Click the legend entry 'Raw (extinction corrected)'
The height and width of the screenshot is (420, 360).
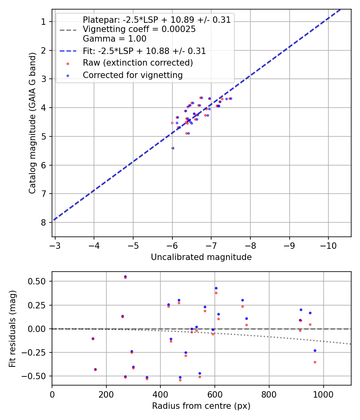pyautogui.click(x=138, y=63)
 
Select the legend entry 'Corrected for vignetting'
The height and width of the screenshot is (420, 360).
pyautogui.click(x=132, y=75)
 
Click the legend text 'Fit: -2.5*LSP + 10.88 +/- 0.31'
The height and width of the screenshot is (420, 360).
pyautogui.click(x=144, y=51)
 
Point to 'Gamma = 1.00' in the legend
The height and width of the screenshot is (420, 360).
pyautogui.click(x=114, y=39)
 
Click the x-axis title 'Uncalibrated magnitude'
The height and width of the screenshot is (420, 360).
pyautogui.click(x=201, y=257)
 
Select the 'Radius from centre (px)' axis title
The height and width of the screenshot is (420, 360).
pyautogui.click(x=201, y=406)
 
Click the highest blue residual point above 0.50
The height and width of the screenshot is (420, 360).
pyautogui.click(x=125, y=276)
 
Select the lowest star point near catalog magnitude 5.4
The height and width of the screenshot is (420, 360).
pyautogui.click(x=173, y=148)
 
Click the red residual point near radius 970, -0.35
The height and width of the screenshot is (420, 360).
pyautogui.click(x=315, y=362)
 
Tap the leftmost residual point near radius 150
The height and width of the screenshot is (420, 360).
pyautogui.click(x=93, y=338)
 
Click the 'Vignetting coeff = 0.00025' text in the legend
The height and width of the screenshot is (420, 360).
pyautogui.click(x=139, y=29)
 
